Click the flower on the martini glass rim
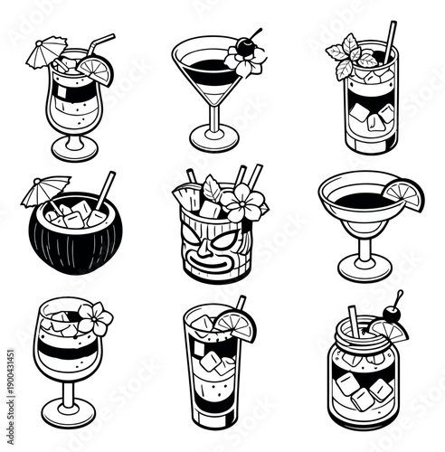pos(246,61)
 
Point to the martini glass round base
pos(214,139)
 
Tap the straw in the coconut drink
pos(106,190)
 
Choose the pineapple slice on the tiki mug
pos(191,194)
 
